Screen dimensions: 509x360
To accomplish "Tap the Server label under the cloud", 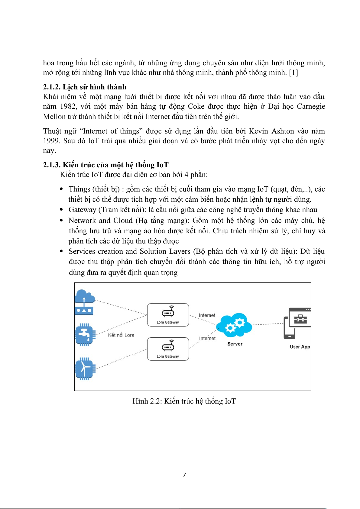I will click(x=235, y=344).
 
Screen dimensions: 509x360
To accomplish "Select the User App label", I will click(x=300, y=347).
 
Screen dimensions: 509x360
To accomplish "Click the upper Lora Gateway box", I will click(x=168, y=315).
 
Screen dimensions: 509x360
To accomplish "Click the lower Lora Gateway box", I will click(x=168, y=349).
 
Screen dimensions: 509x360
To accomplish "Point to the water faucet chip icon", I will click(x=85, y=334).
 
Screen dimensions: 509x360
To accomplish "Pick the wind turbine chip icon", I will click(x=85, y=369).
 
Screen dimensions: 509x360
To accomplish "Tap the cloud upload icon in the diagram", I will click(x=84, y=302).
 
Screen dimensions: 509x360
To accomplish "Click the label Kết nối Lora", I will click(x=121, y=335).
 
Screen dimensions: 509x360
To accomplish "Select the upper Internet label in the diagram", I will click(x=207, y=315).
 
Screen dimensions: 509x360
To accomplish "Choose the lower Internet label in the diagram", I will click(x=207, y=339).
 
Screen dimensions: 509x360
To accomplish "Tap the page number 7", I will click(x=184, y=475).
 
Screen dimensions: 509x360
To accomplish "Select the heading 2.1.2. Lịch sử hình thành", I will click(x=85, y=87).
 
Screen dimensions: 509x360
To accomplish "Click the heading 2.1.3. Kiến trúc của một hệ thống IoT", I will click(x=105, y=165).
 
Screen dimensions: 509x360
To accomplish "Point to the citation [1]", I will click(x=293, y=73).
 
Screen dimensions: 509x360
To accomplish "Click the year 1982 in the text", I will click(x=68, y=107).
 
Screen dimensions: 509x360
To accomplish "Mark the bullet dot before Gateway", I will click(x=61, y=210).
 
